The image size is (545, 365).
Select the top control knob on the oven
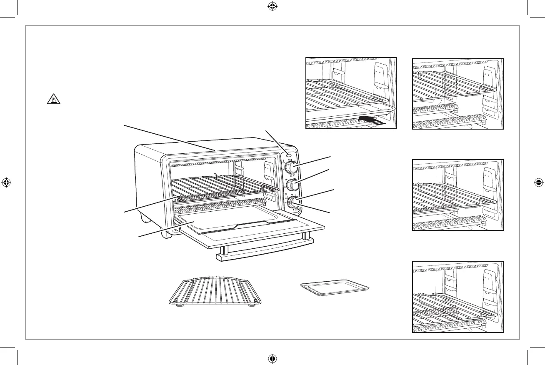(x=291, y=168)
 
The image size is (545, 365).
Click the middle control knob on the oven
(x=292, y=184)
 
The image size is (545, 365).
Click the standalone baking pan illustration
(x=335, y=288)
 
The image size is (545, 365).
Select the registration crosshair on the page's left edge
(x=6, y=182)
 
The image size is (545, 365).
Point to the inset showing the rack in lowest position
(x=457, y=297)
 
